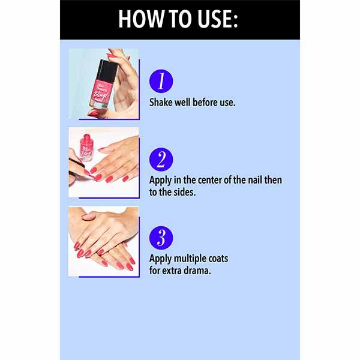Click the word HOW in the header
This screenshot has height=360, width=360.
coord(139,19)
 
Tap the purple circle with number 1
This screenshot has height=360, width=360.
coord(161,81)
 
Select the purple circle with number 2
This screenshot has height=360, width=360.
coord(161,159)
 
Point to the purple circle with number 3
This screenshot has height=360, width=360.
coord(161,237)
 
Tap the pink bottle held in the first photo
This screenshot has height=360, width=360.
coord(103,89)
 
